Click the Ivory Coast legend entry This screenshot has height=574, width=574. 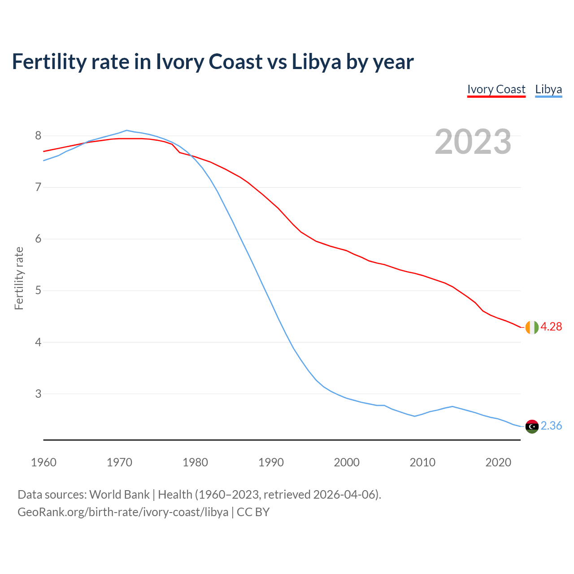click(496, 89)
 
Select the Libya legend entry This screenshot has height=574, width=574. click(548, 89)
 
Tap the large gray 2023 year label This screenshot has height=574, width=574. click(473, 142)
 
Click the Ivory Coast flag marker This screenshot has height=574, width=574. click(532, 327)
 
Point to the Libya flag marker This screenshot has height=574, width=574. click(532, 426)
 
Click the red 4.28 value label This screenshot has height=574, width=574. click(551, 327)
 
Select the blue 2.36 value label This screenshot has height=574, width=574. click(551, 426)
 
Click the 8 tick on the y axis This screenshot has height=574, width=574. click(38, 135)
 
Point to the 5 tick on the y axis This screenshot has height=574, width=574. click(38, 291)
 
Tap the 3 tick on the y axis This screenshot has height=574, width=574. click(38, 394)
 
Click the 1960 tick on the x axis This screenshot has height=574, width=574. click(43, 462)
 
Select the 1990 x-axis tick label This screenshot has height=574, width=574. click(271, 462)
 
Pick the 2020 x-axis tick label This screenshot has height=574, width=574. click(498, 462)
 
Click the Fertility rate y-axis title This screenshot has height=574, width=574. click(19, 278)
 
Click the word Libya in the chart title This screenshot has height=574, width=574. click(317, 62)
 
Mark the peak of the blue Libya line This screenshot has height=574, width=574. click(126, 130)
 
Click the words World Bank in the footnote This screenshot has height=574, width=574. click(119, 495)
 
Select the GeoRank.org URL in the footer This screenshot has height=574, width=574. click(123, 512)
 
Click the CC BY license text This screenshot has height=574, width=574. click(253, 512)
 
